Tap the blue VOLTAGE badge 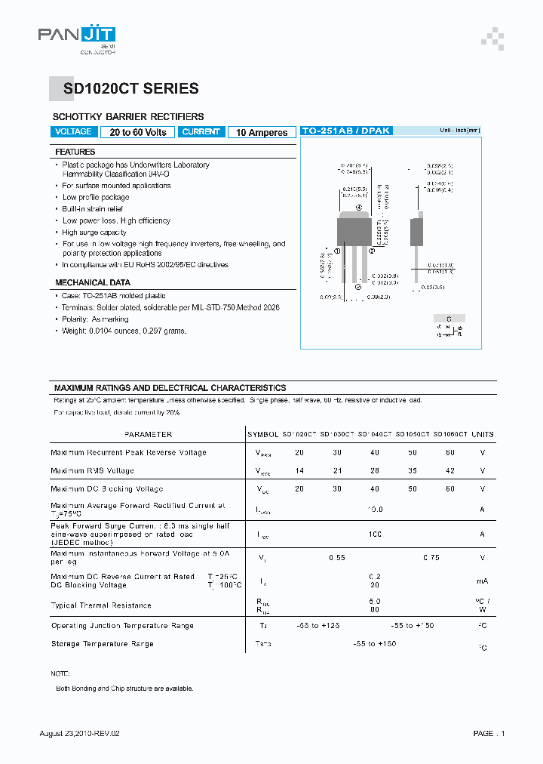75,132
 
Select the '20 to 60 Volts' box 138,132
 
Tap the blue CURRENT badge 201,132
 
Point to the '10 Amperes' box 262,133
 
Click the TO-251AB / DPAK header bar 346,131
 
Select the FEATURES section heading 75,152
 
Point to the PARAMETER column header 149,435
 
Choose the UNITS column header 483,435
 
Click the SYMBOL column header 262,435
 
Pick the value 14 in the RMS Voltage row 299,470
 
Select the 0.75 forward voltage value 431,558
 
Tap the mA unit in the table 483,581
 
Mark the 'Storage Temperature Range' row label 103,644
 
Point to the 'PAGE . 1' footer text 489,734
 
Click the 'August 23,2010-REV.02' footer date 80,734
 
